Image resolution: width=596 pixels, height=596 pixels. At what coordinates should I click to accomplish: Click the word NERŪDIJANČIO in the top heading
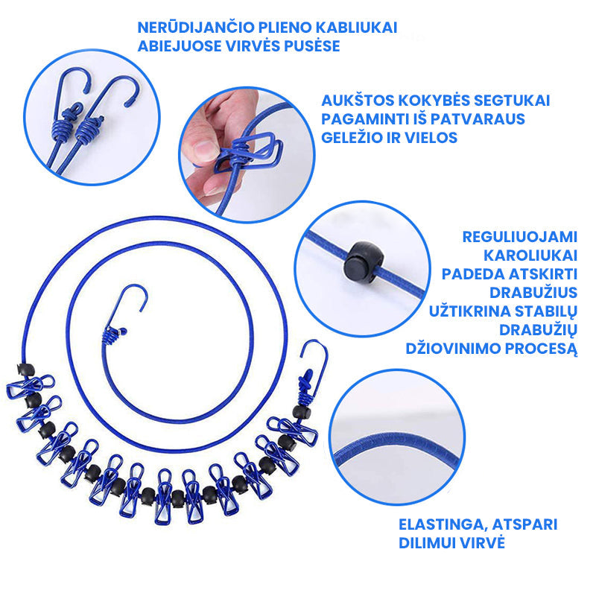click(x=196, y=28)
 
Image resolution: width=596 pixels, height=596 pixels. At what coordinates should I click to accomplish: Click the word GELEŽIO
click(x=351, y=138)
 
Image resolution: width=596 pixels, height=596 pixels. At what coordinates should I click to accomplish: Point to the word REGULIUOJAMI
click(x=519, y=237)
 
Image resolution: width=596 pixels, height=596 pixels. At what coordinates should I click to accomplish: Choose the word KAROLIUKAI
click(x=530, y=256)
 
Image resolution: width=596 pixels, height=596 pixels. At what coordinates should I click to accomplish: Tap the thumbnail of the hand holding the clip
click(x=247, y=155)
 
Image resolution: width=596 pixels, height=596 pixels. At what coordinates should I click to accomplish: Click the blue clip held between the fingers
click(x=247, y=152)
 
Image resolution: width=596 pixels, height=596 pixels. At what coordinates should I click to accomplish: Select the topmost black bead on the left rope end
click(x=25, y=369)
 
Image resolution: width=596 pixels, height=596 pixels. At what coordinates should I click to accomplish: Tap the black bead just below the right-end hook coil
click(x=301, y=412)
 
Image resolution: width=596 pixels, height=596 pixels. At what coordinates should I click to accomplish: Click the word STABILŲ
click(x=545, y=311)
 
